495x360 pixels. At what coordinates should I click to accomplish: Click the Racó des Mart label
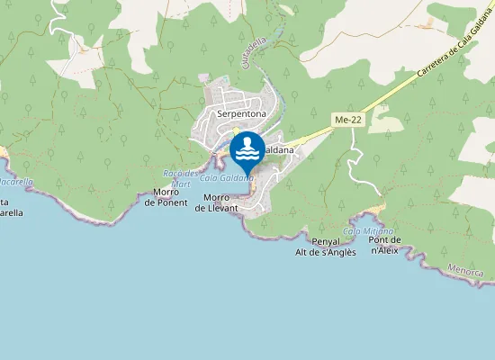181,178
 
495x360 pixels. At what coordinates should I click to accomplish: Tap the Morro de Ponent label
166,197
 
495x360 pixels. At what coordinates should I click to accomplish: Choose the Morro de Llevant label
217,202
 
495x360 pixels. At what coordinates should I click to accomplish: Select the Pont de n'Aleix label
385,246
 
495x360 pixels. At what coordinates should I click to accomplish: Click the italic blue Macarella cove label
16,182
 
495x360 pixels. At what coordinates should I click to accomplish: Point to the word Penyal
325,242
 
